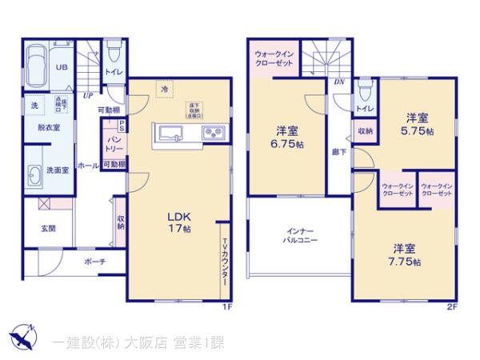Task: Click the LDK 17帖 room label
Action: [x=178, y=222]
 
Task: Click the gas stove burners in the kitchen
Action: [x=212, y=133]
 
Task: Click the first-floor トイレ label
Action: [x=112, y=70]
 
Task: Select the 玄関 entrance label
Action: [x=48, y=229]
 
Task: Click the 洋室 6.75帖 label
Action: [x=287, y=138]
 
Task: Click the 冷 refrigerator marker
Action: [x=163, y=88]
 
